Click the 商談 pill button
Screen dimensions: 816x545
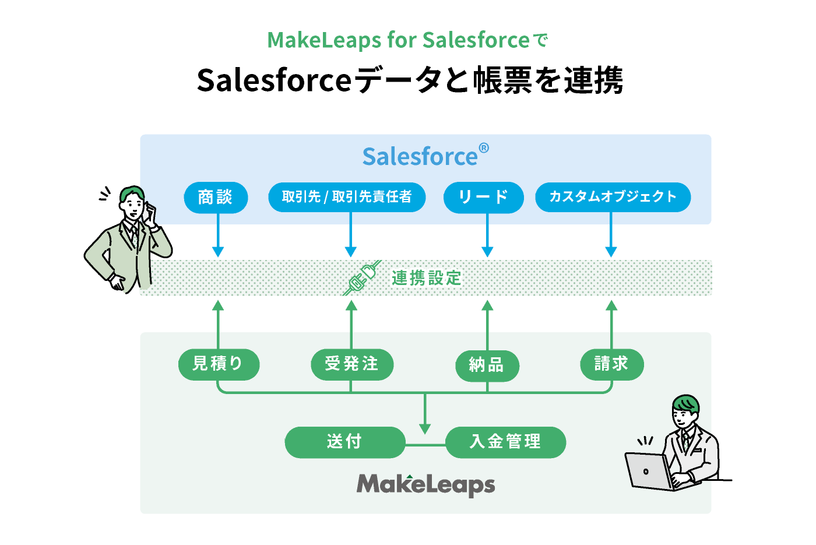point(216,197)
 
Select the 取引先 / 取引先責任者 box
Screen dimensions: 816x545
point(347,197)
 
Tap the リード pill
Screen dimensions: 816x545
point(483,197)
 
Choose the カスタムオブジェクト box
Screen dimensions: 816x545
point(613,197)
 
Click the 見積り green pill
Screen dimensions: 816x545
point(219,364)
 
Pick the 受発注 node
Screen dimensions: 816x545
point(352,364)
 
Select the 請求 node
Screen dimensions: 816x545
point(611,364)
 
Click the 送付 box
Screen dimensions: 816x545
point(345,442)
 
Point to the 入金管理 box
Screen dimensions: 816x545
point(506,442)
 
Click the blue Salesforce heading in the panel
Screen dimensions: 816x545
point(425,156)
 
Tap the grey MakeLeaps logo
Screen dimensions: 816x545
point(425,484)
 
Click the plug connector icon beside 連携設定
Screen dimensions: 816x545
point(363,277)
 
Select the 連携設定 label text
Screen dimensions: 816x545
point(426,279)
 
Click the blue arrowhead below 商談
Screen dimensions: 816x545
point(218,251)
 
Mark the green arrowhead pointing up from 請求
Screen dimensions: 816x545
point(611,305)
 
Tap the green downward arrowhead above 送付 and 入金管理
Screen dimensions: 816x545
point(425,429)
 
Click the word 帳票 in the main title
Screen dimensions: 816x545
point(503,80)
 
